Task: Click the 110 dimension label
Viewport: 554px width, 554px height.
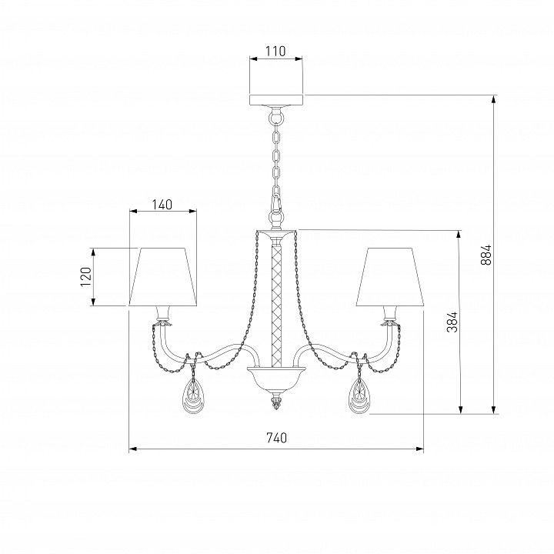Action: point(275,52)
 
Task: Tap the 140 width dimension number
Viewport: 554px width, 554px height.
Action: point(162,204)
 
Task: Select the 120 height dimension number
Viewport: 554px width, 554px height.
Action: point(86,277)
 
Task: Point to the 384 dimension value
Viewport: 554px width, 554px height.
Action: point(452,322)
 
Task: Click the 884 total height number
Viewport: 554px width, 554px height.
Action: point(486,255)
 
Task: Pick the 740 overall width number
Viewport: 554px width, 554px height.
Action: point(276,438)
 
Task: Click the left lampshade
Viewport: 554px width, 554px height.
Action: point(163,277)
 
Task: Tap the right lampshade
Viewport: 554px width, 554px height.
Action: point(389,277)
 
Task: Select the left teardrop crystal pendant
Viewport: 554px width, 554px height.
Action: point(193,395)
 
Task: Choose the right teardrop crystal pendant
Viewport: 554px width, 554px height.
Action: point(359,395)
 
